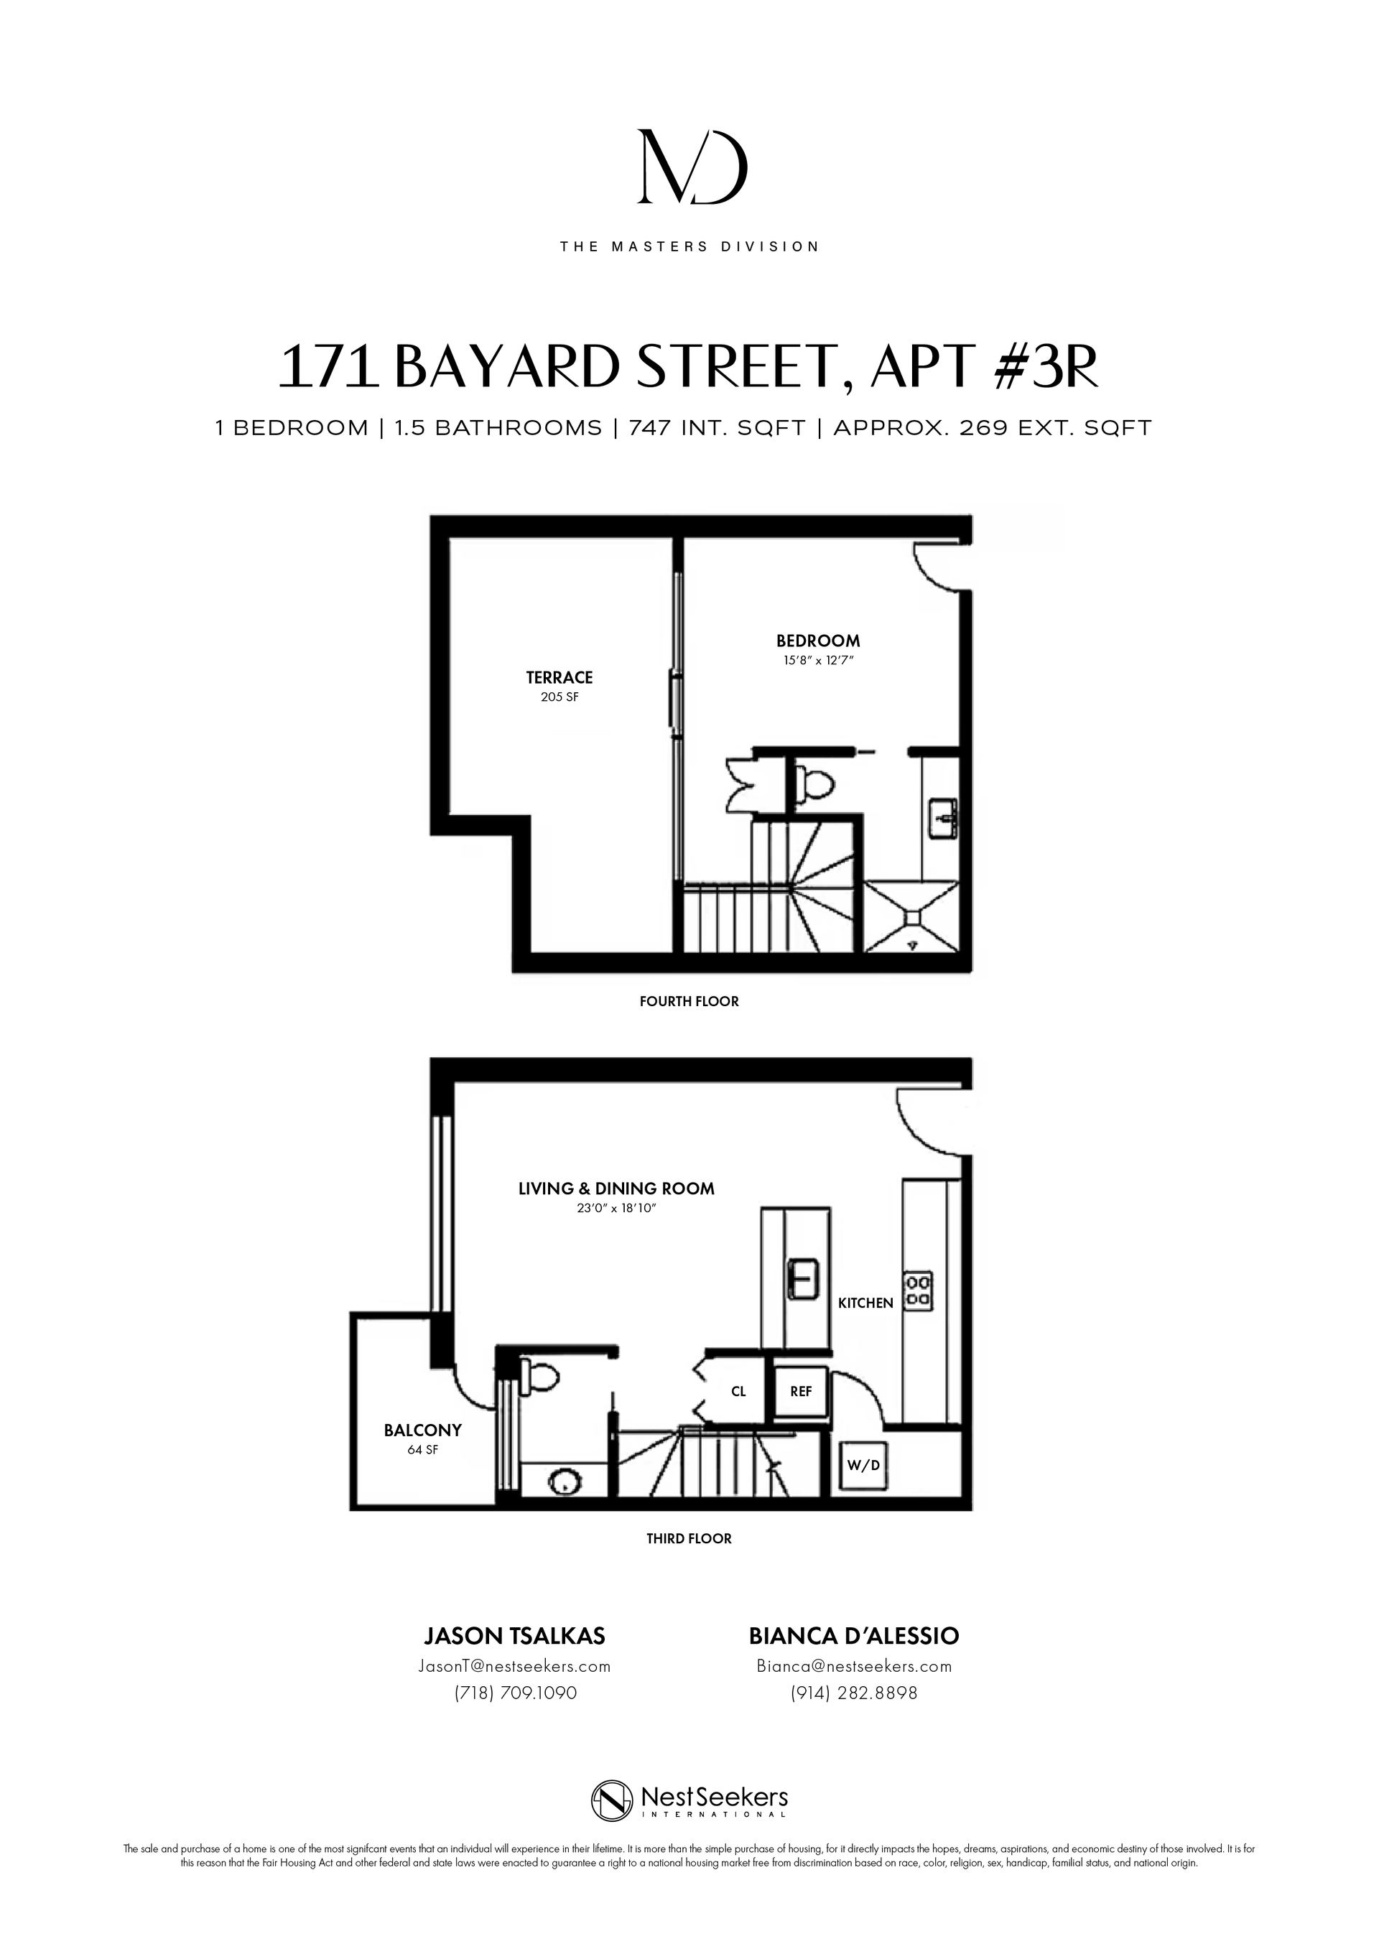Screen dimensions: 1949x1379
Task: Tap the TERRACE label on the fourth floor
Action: point(559,677)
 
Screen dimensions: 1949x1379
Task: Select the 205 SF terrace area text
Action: point(560,698)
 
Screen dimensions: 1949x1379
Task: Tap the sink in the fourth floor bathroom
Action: point(943,817)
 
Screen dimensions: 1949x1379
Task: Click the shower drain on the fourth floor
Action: point(912,917)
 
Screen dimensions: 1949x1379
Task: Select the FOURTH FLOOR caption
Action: point(689,1002)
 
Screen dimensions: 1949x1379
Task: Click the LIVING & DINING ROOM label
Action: point(616,1189)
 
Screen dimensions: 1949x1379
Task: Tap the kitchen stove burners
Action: point(918,1291)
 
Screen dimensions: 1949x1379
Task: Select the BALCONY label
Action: point(423,1431)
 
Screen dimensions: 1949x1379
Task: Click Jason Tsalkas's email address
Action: point(514,1666)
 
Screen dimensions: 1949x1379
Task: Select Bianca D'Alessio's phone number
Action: point(853,1693)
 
